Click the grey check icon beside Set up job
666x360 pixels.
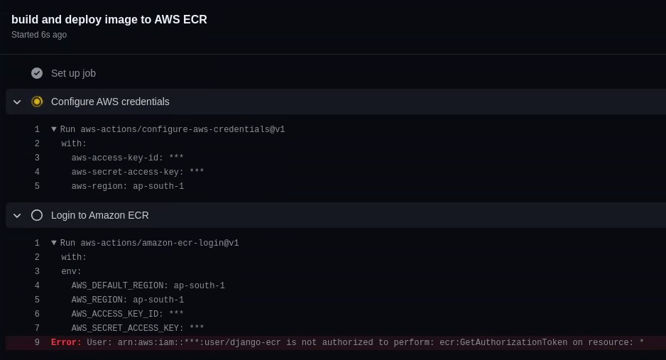[x=37, y=73]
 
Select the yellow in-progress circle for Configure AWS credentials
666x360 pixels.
[x=37, y=102]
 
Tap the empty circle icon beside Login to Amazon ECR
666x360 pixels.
[x=37, y=215]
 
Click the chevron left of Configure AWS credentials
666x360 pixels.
[x=17, y=102]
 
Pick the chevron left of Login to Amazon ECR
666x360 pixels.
[x=17, y=216]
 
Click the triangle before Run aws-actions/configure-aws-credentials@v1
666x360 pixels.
[x=54, y=129]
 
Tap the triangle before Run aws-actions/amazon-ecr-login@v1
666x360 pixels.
[x=54, y=243]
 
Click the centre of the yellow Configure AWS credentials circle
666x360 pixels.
[x=37, y=102]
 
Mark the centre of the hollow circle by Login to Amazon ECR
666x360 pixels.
[x=37, y=215]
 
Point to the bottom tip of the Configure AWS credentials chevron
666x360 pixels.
[x=17, y=104]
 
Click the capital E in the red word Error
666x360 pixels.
[x=54, y=342]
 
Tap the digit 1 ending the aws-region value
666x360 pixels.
[x=181, y=186]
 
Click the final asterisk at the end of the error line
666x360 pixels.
[x=641, y=342]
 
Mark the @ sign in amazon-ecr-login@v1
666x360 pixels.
[x=225, y=243]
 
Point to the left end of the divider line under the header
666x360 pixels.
[x=0, y=54]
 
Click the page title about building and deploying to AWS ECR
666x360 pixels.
[x=109, y=20]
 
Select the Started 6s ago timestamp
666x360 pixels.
[x=39, y=35]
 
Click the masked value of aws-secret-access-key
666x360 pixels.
[x=197, y=172]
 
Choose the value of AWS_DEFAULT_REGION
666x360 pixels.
[x=200, y=285]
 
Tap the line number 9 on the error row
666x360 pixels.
[x=37, y=342]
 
